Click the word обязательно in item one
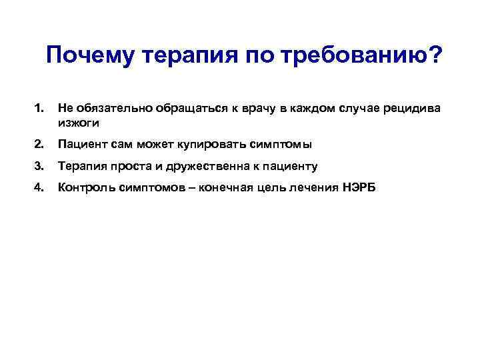tap(113, 108)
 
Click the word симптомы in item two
tap(285, 144)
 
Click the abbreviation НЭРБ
tap(360, 188)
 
